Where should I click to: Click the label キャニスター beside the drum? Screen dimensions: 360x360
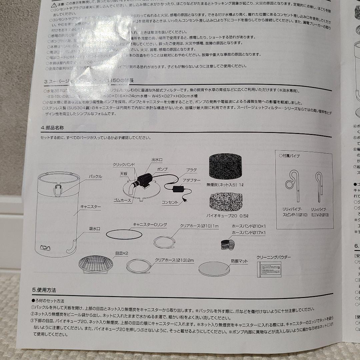90,206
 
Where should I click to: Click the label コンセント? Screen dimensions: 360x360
170,202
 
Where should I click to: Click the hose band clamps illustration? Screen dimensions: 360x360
228,244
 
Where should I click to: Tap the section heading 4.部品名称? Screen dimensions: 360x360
50,128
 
